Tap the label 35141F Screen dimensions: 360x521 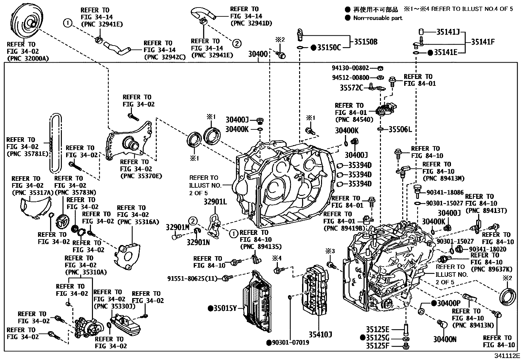(x=483, y=42)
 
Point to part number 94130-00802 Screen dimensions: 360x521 (x=350, y=68)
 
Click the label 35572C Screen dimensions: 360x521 (x=351, y=87)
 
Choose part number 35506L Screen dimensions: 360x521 (x=400, y=129)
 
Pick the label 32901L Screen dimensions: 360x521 (x=215, y=202)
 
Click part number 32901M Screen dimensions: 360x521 (x=177, y=227)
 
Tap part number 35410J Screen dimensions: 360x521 (x=320, y=334)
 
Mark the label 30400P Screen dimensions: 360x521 (x=449, y=303)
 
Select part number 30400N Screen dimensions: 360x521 (x=445, y=339)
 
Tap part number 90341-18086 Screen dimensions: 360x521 (x=445, y=193)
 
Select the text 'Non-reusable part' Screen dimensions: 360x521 (x=378, y=18)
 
